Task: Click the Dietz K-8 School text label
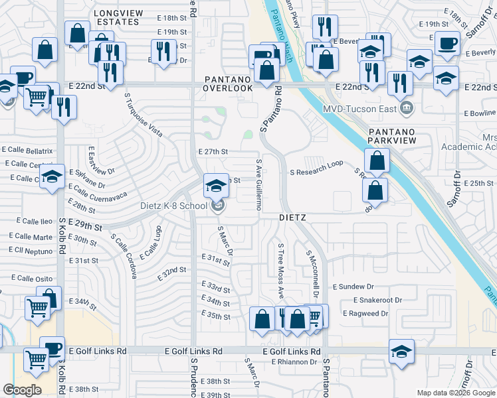[x=174, y=206]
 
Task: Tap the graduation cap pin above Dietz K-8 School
[x=215, y=186]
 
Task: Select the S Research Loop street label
[x=316, y=172]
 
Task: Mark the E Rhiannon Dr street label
[x=294, y=362]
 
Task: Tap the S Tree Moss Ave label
[x=281, y=270]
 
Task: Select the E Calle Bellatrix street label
[x=27, y=151]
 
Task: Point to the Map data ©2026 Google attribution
[x=455, y=393]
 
